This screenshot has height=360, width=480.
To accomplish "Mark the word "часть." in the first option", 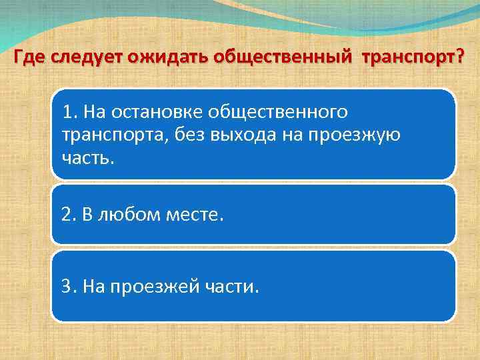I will (88, 159).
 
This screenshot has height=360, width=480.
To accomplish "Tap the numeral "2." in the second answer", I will (69, 215).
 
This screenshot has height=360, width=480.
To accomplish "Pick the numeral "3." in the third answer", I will (69, 286).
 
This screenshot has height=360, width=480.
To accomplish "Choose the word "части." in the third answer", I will (230, 286).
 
